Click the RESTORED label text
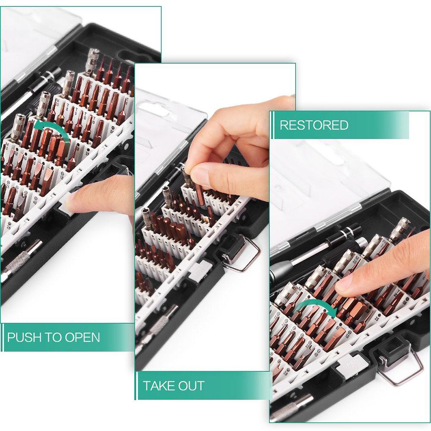[314, 125]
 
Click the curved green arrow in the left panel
[52, 129]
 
